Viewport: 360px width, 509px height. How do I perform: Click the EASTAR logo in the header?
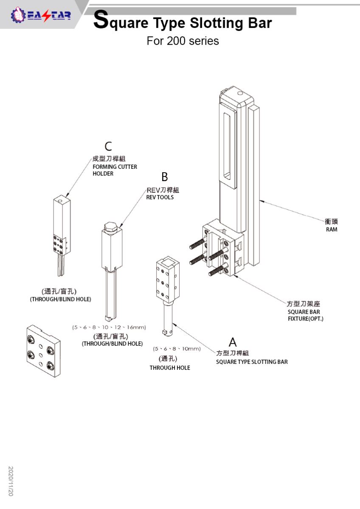pyautogui.click(x=41, y=15)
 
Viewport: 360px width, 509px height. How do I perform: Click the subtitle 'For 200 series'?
pyautogui.click(x=183, y=41)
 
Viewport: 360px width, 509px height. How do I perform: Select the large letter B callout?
pyautogui.click(x=165, y=176)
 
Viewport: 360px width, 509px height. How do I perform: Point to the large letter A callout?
pyautogui.click(x=233, y=342)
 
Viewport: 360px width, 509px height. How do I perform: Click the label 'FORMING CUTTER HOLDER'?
pyautogui.click(x=115, y=170)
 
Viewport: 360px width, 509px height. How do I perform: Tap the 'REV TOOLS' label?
pyautogui.click(x=160, y=197)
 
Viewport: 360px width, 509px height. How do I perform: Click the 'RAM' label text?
pyautogui.click(x=332, y=229)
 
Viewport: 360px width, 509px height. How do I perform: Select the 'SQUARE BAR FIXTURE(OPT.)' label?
pyautogui.click(x=305, y=315)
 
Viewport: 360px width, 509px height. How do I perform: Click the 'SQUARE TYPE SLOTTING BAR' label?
pyautogui.click(x=252, y=362)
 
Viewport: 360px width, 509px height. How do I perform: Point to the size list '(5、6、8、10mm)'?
pyautogui.click(x=177, y=349)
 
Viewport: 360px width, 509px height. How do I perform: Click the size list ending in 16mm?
pyautogui.click(x=109, y=327)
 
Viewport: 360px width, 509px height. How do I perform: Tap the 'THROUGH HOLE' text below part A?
pyautogui.click(x=170, y=368)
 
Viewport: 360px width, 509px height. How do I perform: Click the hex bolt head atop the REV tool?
pyautogui.click(x=110, y=227)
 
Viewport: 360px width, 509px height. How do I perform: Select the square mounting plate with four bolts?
pyautogui.click(x=43, y=351)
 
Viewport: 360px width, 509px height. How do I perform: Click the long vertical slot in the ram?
pyautogui.click(x=227, y=147)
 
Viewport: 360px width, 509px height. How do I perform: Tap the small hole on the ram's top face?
pyautogui.click(x=239, y=93)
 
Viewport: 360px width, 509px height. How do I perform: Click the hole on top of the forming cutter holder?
pyautogui.click(x=60, y=201)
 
